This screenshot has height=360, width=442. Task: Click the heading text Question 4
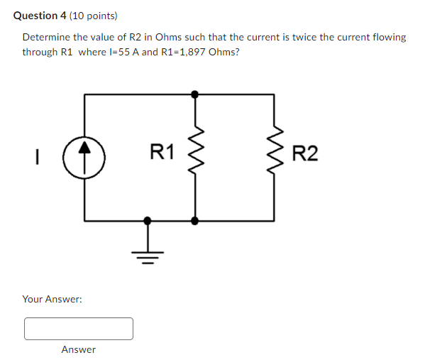(x=40, y=15)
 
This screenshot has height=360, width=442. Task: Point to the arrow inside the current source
(x=85, y=148)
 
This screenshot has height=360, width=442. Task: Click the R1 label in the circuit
(x=162, y=151)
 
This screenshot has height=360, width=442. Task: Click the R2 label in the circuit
(x=305, y=153)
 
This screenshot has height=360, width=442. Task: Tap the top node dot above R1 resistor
(x=195, y=94)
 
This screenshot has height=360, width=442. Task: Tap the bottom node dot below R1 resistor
(x=195, y=220)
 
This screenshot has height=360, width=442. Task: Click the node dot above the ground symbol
(x=148, y=220)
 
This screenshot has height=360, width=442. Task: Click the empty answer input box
(x=79, y=329)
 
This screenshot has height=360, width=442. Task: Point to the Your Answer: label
(x=52, y=299)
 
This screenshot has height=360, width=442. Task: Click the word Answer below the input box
(x=79, y=349)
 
